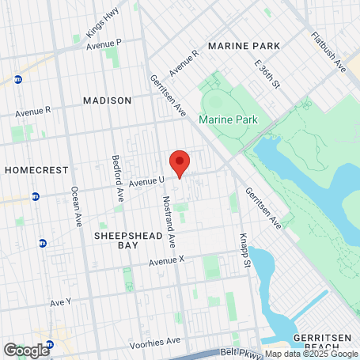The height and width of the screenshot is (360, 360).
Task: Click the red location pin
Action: pos(180,163)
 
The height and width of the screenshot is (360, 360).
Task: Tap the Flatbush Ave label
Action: pos(328,49)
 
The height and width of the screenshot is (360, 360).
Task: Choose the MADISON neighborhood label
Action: pos(107,100)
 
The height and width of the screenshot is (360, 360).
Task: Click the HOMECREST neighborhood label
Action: pos(31,170)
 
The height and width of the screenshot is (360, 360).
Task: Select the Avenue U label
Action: pos(146,181)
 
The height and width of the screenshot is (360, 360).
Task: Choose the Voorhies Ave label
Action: pos(157,340)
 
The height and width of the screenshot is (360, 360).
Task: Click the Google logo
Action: pos(26,350)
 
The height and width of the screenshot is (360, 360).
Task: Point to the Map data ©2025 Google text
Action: pos(310,354)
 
